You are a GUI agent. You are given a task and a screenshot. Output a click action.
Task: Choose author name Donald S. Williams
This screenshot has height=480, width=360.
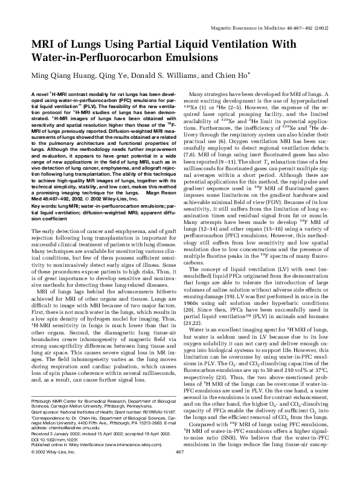point(162,77)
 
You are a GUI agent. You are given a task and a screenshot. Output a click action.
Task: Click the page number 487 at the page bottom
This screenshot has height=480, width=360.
point(179,469)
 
